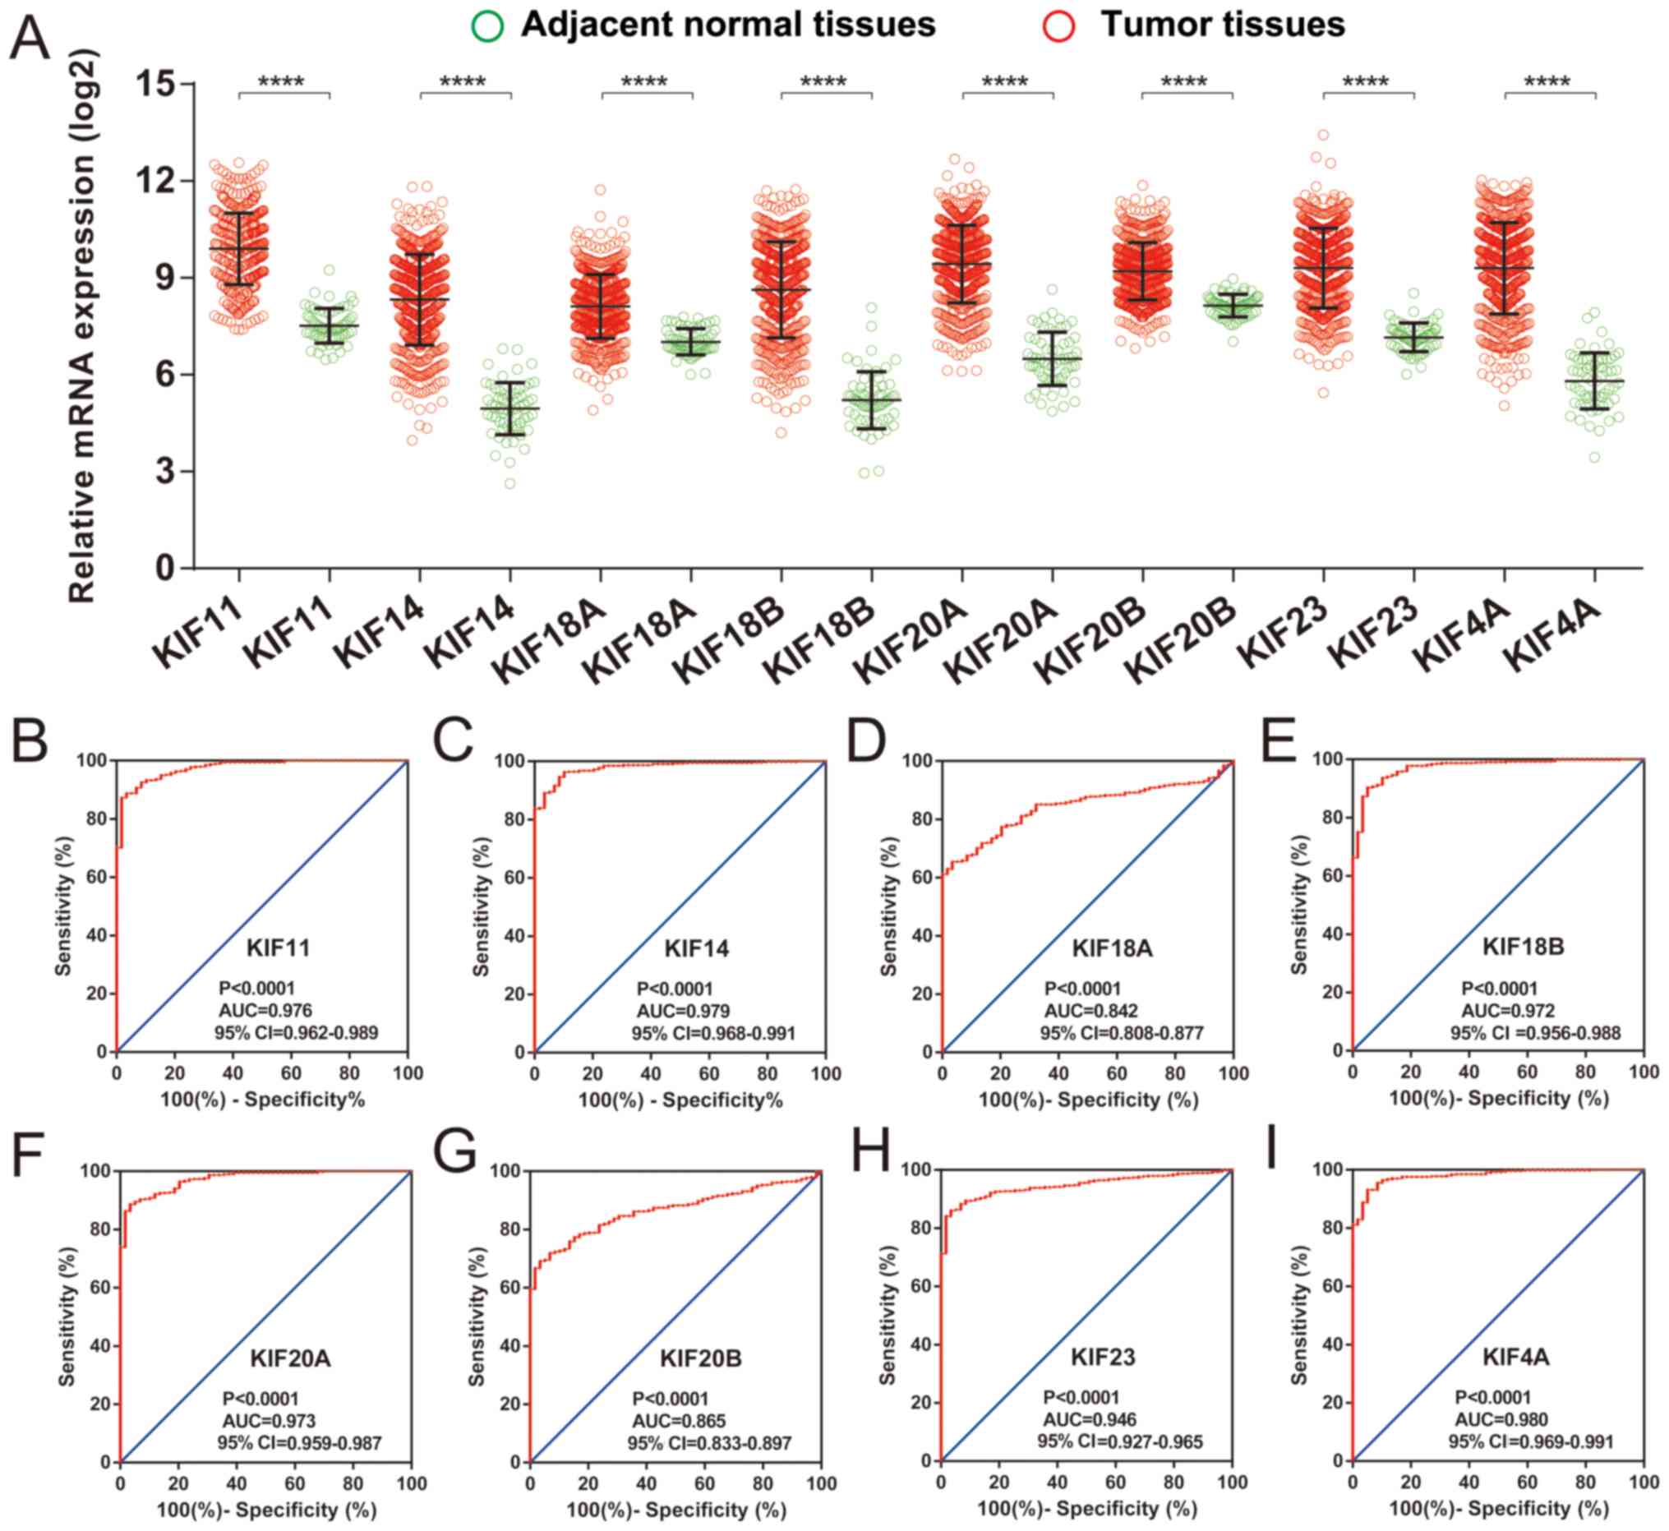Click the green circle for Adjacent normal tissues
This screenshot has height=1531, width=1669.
(x=487, y=25)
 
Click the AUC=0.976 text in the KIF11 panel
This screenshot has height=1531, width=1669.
(x=265, y=1010)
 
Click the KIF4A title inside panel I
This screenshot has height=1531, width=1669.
(x=1515, y=1356)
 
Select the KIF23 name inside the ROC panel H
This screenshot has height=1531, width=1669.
(x=1103, y=1356)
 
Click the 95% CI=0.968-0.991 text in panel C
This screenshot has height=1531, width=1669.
(x=713, y=1033)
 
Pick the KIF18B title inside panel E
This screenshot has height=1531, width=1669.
(x=1523, y=946)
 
